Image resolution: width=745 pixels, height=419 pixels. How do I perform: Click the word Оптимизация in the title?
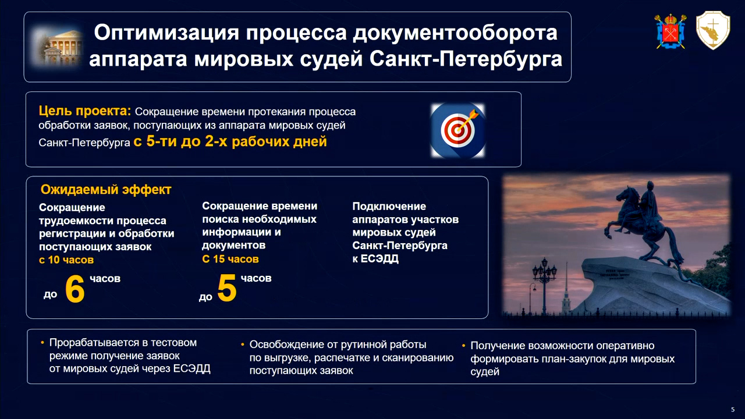coord(166,33)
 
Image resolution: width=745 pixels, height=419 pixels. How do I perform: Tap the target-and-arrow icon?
coord(457,130)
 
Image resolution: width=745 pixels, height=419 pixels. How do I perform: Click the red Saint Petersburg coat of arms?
coord(670,31)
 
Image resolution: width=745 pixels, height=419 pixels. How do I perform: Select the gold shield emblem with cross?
coord(713,30)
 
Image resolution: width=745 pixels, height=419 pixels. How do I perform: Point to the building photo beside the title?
coord(57,47)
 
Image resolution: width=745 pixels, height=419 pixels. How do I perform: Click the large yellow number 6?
coord(75,289)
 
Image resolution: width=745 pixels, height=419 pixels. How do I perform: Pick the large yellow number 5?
coord(227,288)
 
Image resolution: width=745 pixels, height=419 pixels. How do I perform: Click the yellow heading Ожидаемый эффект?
coord(106,190)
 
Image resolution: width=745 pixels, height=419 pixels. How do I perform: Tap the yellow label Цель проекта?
coord(85,111)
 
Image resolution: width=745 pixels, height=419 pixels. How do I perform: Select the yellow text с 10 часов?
coord(66,260)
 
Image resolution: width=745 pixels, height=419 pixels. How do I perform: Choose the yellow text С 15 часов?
coord(230,259)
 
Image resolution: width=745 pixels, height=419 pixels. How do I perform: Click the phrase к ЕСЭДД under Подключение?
coord(375,258)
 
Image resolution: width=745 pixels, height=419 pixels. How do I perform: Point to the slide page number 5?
coord(733,410)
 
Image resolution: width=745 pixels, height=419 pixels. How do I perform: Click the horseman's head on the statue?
coord(650,186)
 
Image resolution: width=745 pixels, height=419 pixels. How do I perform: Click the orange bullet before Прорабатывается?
coord(42,342)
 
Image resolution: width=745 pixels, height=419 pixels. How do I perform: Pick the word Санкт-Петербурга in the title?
coord(466,59)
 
